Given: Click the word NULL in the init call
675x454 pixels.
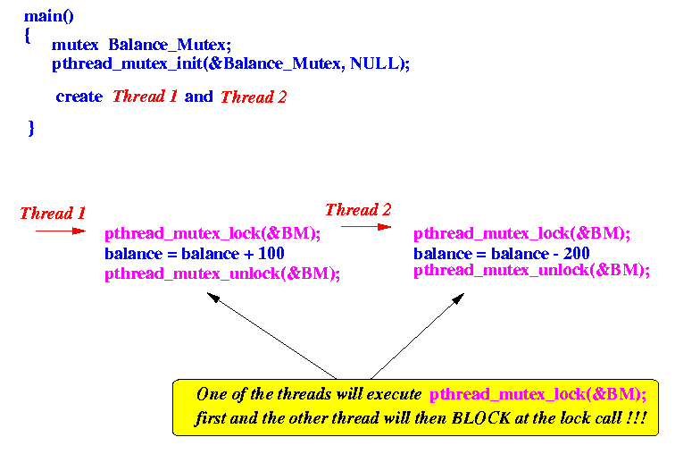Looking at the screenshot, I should (x=376, y=63).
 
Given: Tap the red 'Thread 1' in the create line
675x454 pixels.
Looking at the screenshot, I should (x=145, y=97).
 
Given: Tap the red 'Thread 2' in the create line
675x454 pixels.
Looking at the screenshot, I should (x=254, y=97).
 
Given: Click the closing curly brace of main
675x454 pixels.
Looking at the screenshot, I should (x=31, y=128).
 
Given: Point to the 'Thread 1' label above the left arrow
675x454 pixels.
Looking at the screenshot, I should (x=53, y=214).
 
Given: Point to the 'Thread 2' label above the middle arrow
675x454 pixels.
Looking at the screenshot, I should (x=358, y=210).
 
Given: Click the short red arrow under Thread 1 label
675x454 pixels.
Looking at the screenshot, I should (x=60, y=231).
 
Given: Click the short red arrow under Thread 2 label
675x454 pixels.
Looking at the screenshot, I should (x=365, y=227).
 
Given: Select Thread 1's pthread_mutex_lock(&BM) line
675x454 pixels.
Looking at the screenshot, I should (x=212, y=234).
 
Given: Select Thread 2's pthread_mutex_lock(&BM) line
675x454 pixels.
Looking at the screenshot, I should (x=521, y=234).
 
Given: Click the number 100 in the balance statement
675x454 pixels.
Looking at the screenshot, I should (x=271, y=255).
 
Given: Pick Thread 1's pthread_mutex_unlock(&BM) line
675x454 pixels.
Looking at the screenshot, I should (x=222, y=273).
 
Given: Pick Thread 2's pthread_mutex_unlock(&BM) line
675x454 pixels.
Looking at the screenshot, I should (x=531, y=270).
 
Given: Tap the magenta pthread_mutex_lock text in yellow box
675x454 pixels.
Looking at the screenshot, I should (x=537, y=393).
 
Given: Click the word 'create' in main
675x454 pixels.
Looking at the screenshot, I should (x=79, y=97).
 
